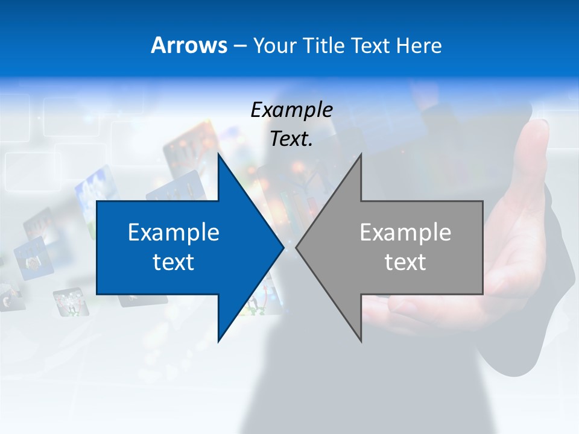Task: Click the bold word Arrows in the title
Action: [x=189, y=45]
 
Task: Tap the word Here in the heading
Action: [x=419, y=45]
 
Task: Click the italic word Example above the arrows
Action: [x=292, y=110]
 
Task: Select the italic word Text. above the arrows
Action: [x=290, y=139]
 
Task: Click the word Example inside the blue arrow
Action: [x=174, y=232]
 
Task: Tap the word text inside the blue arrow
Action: [x=174, y=262]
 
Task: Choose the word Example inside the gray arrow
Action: [x=405, y=232]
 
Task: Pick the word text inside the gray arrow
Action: [x=405, y=262]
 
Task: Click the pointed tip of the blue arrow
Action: [x=283, y=247]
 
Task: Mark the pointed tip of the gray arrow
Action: [x=297, y=247]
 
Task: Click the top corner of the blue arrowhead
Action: [x=219, y=154]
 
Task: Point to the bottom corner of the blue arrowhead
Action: [x=219, y=341]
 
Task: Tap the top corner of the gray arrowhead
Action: [x=360, y=154]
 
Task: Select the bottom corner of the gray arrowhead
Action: [x=360, y=341]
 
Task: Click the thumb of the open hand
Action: [x=537, y=145]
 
